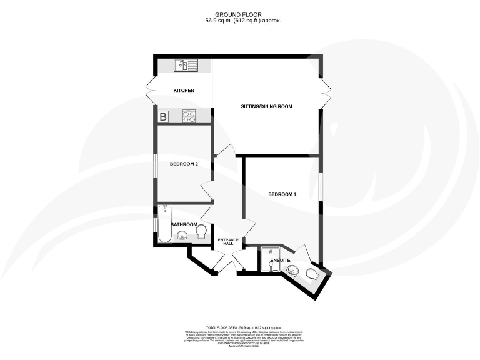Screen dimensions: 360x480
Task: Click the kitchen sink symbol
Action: pyautogui.click(x=186, y=64)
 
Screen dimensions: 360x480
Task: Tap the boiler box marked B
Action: pyautogui.click(x=163, y=116)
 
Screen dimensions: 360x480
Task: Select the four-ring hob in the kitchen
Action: pyautogui.click(x=189, y=116)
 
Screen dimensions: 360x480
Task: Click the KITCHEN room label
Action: pyautogui.click(x=184, y=91)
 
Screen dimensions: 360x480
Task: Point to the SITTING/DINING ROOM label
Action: pyautogui.click(x=267, y=106)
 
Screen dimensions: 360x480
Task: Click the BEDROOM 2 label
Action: pyautogui.click(x=184, y=164)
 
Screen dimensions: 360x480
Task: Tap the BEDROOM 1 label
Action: pyautogui.click(x=282, y=194)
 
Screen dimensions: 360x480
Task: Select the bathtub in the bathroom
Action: pyautogui.click(x=165, y=224)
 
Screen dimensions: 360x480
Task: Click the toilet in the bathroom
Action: pyautogui.click(x=201, y=232)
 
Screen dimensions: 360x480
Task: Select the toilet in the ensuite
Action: pyautogui.click(x=312, y=274)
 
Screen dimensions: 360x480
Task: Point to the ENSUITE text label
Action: pyautogui.click(x=280, y=259)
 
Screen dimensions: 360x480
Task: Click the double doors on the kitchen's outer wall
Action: pyautogui.click(x=150, y=91)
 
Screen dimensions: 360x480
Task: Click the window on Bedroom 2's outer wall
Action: pyautogui.click(x=156, y=164)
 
